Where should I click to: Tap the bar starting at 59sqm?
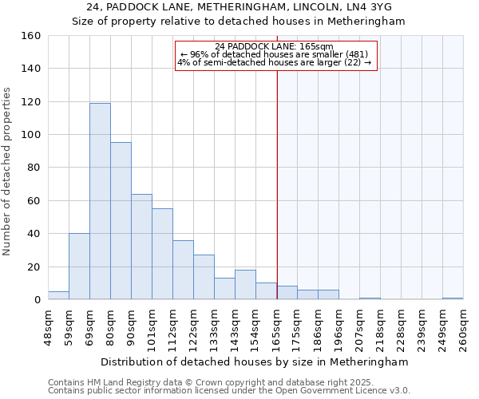(x=79, y=267)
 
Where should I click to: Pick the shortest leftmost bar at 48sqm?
(x=58, y=295)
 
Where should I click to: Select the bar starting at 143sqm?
(x=245, y=285)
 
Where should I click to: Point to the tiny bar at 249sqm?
(x=453, y=298)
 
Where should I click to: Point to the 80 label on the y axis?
(x=34, y=168)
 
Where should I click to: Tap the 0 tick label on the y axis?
(x=37, y=300)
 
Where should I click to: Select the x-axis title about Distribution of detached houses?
(x=255, y=361)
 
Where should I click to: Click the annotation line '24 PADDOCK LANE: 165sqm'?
(x=274, y=46)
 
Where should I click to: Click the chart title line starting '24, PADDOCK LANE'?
(x=239, y=7)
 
